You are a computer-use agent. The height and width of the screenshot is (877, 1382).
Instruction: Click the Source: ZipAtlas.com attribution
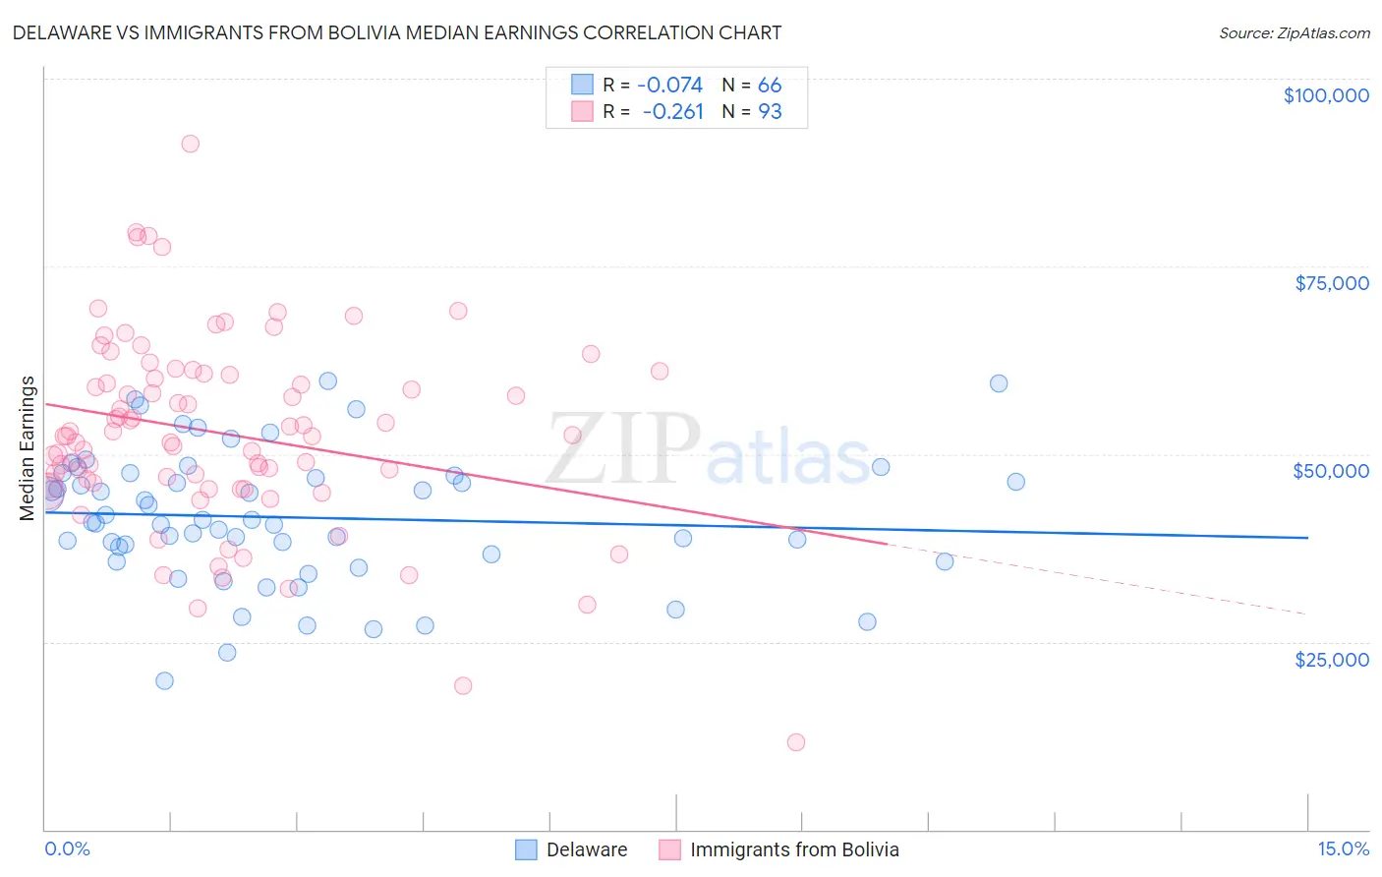click(1294, 32)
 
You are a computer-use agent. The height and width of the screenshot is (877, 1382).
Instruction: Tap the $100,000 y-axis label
click(1326, 95)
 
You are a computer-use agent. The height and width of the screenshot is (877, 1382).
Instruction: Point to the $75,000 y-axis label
click(1331, 283)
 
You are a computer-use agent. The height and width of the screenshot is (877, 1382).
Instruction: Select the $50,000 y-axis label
click(1330, 471)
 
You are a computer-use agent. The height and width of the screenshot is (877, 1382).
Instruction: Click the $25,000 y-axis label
click(1331, 659)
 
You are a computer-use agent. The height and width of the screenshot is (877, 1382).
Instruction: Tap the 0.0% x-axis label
click(67, 848)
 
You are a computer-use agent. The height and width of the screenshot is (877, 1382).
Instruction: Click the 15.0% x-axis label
click(1343, 848)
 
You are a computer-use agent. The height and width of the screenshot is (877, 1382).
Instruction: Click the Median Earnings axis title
click(28, 447)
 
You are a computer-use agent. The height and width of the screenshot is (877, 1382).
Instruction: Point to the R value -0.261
click(673, 112)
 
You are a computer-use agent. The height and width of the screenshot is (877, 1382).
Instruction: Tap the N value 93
click(770, 112)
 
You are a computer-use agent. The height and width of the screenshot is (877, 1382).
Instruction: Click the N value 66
click(770, 86)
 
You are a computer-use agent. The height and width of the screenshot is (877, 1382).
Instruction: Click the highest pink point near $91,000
click(191, 144)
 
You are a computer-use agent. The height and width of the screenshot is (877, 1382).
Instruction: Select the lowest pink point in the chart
click(796, 742)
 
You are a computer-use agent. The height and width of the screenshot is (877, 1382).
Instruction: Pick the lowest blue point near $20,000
click(164, 681)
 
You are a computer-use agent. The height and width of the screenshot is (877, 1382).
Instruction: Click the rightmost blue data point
click(1015, 482)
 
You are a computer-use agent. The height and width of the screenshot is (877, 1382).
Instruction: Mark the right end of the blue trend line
click(1307, 538)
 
